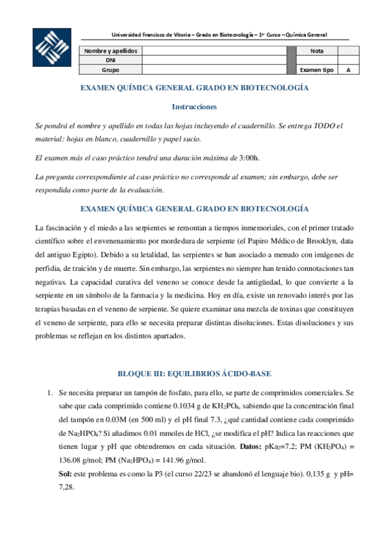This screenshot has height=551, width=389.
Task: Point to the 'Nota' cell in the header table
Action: [317, 51]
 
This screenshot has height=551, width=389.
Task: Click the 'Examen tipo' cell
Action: [317, 70]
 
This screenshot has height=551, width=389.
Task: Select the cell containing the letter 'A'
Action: [348, 70]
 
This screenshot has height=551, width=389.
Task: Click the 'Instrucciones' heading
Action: [194, 106]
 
